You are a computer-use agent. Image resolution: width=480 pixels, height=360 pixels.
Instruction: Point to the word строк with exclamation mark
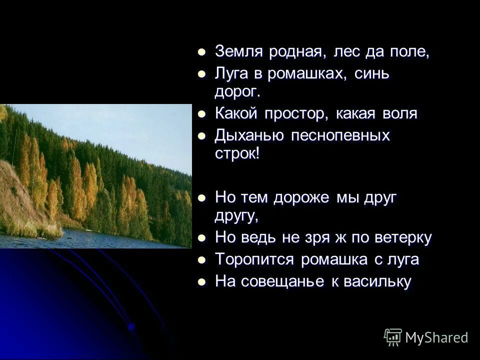point(237,153)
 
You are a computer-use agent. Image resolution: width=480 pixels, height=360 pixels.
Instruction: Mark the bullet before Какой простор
point(202,114)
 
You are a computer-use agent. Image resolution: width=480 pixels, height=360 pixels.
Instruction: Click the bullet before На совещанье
point(202,282)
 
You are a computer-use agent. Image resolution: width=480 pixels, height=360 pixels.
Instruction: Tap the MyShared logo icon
point(393,337)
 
